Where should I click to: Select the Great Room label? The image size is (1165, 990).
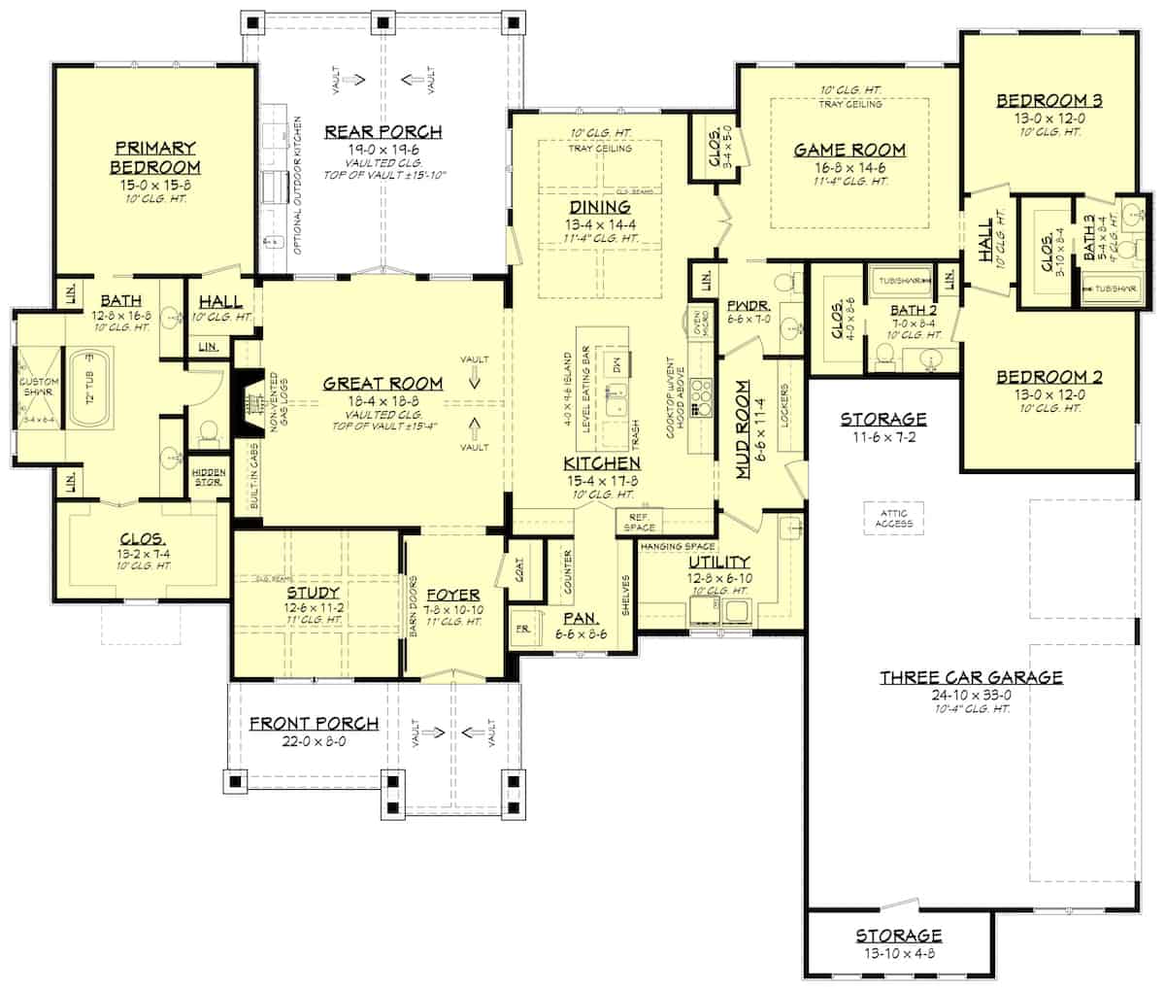383,383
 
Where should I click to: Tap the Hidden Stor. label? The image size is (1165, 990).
209,475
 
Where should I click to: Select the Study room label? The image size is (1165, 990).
313,592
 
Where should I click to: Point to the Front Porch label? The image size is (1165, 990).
314,723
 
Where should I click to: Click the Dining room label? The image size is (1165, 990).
599,207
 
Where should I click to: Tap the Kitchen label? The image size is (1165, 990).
602,463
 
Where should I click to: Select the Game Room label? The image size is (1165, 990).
849,150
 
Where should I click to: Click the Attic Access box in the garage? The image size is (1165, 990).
892,519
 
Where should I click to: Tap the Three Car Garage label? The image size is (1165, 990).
971,677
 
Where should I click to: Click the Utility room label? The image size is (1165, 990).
718,562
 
